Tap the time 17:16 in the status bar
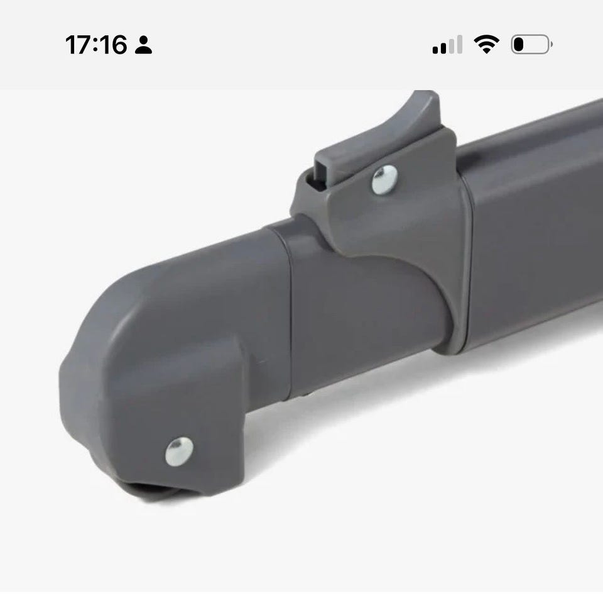pos(96,45)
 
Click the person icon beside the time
pos(143,45)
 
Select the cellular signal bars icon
pos(447,45)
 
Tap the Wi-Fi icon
pos(486,44)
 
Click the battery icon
pos(531,44)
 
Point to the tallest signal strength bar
pos(459,45)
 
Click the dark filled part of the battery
pos(519,44)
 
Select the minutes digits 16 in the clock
pos(114,45)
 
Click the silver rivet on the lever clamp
pos(384,179)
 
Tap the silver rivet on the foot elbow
pos(179,452)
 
